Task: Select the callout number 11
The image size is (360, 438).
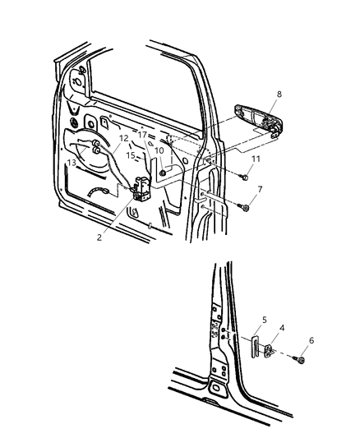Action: pos(256,158)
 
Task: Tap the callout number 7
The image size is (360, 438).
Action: pos(260,191)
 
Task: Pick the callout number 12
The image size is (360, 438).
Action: pos(124,139)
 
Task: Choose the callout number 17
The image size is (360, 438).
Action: pos(143,135)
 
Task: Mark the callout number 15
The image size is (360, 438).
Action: pos(131,154)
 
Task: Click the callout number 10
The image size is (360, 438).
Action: pos(159,151)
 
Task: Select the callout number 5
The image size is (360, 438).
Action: pos(264,320)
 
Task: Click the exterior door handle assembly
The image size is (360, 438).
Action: pos(261,120)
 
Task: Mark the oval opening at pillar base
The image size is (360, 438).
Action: pos(219,388)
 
